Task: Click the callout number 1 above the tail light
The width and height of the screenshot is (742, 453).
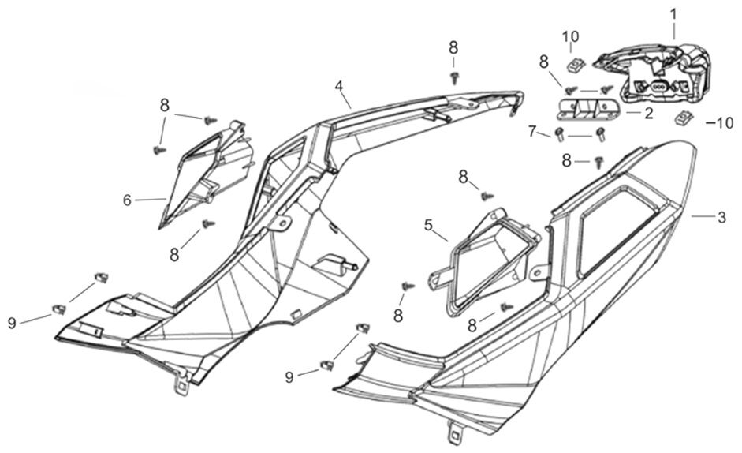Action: click(x=673, y=13)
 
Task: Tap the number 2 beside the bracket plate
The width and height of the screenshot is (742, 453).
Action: click(x=648, y=113)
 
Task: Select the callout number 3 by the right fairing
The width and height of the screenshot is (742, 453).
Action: click(x=721, y=217)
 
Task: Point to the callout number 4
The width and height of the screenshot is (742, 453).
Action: click(x=338, y=84)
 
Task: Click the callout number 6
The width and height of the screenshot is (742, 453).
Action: click(x=127, y=200)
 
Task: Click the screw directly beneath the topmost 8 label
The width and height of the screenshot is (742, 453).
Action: click(x=454, y=77)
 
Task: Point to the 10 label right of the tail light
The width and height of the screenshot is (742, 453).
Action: click(x=724, y=122)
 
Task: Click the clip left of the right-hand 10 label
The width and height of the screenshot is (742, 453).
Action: click(x=684, y=120)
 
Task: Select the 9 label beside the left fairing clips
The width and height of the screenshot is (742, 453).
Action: click(x=12, y=322)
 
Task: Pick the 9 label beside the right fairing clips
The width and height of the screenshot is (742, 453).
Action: click(x=289, y=377)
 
